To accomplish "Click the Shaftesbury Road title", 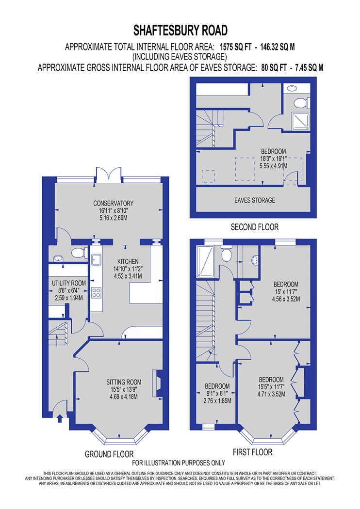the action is point(180,31).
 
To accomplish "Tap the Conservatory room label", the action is point(113,203).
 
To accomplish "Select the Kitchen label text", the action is point(128,261).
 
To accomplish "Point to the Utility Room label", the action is point(69,283).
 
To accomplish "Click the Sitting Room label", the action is point(124,382).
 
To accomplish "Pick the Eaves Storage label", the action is point(255,200).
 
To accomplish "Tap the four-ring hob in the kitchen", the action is point(96,293).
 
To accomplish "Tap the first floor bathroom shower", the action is point(205,261).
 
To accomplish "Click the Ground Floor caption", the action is point(109,454).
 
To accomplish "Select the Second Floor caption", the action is point(255,227).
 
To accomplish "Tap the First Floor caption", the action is point(252,452).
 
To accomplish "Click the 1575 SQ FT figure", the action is point(236,47).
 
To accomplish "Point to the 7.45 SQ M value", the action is point(309,67).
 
